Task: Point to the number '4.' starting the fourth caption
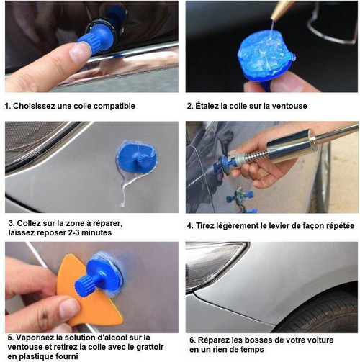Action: click(190, 225)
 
